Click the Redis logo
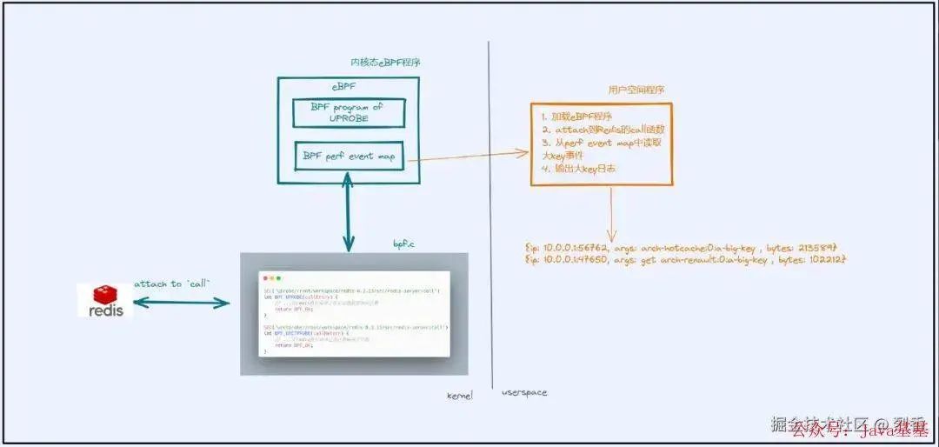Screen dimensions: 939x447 [105, 299]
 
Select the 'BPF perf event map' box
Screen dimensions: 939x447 [349, 157]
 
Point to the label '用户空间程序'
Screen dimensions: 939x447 [637, 90]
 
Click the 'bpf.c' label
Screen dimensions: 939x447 [404, 245]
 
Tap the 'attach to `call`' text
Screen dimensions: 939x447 [172, 284]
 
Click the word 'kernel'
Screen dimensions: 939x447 [459, 395]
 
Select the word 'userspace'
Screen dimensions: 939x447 [524, 393]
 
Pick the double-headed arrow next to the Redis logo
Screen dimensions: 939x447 [181, 303]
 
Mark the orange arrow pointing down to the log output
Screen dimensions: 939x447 [611, 214]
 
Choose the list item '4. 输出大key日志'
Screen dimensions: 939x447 [578, 169]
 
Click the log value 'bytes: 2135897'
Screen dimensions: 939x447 [812, 247]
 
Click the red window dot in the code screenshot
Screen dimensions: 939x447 [268, 277]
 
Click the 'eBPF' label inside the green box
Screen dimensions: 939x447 [343, 87]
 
